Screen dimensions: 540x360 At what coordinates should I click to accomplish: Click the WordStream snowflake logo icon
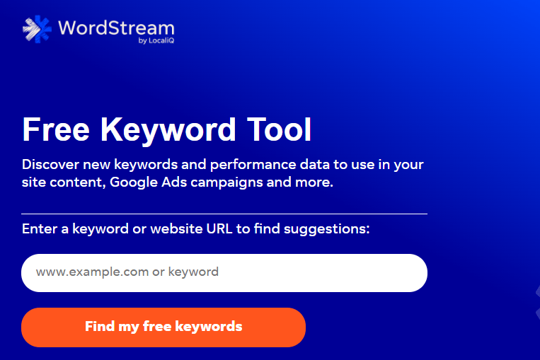click(37, 29)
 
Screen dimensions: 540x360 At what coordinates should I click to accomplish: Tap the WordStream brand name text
click(116, 28)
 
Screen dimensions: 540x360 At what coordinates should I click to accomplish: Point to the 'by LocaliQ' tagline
click(156, 40)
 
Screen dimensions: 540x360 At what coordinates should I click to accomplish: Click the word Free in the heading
click(56, 129)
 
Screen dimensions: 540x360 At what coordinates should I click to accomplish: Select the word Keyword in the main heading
click(168, 130)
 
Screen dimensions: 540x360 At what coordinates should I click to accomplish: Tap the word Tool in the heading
click(280, 129)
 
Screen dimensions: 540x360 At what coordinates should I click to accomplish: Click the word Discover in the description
click(51, 165)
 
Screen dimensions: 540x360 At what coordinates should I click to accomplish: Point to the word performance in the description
click(253, 166)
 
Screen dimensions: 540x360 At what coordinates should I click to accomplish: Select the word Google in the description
click(134, 182)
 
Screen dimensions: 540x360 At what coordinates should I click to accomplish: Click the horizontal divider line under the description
click(224, 214)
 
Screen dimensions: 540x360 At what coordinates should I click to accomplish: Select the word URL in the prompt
click(219, 229)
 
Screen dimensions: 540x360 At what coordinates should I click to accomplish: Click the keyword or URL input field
click(224, 273)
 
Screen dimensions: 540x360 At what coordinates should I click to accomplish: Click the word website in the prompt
click(176, 229)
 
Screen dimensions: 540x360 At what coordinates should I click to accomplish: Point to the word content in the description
click(78, 182)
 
